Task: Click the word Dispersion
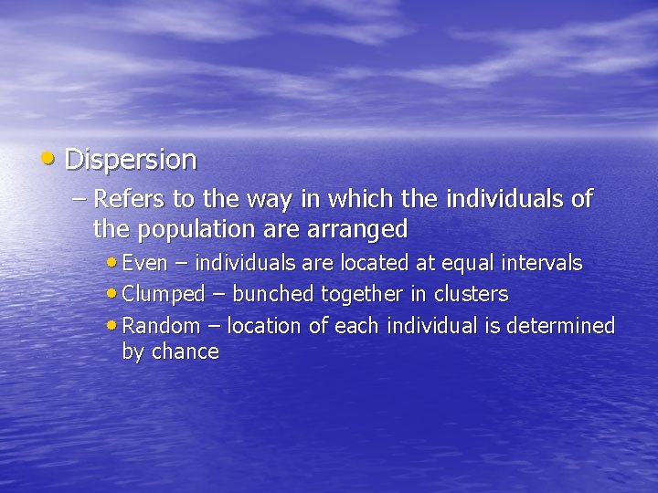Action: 131,160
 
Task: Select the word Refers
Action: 127,198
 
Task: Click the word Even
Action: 144,264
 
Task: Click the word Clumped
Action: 164,295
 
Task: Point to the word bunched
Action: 272,295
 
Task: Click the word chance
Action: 187,352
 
